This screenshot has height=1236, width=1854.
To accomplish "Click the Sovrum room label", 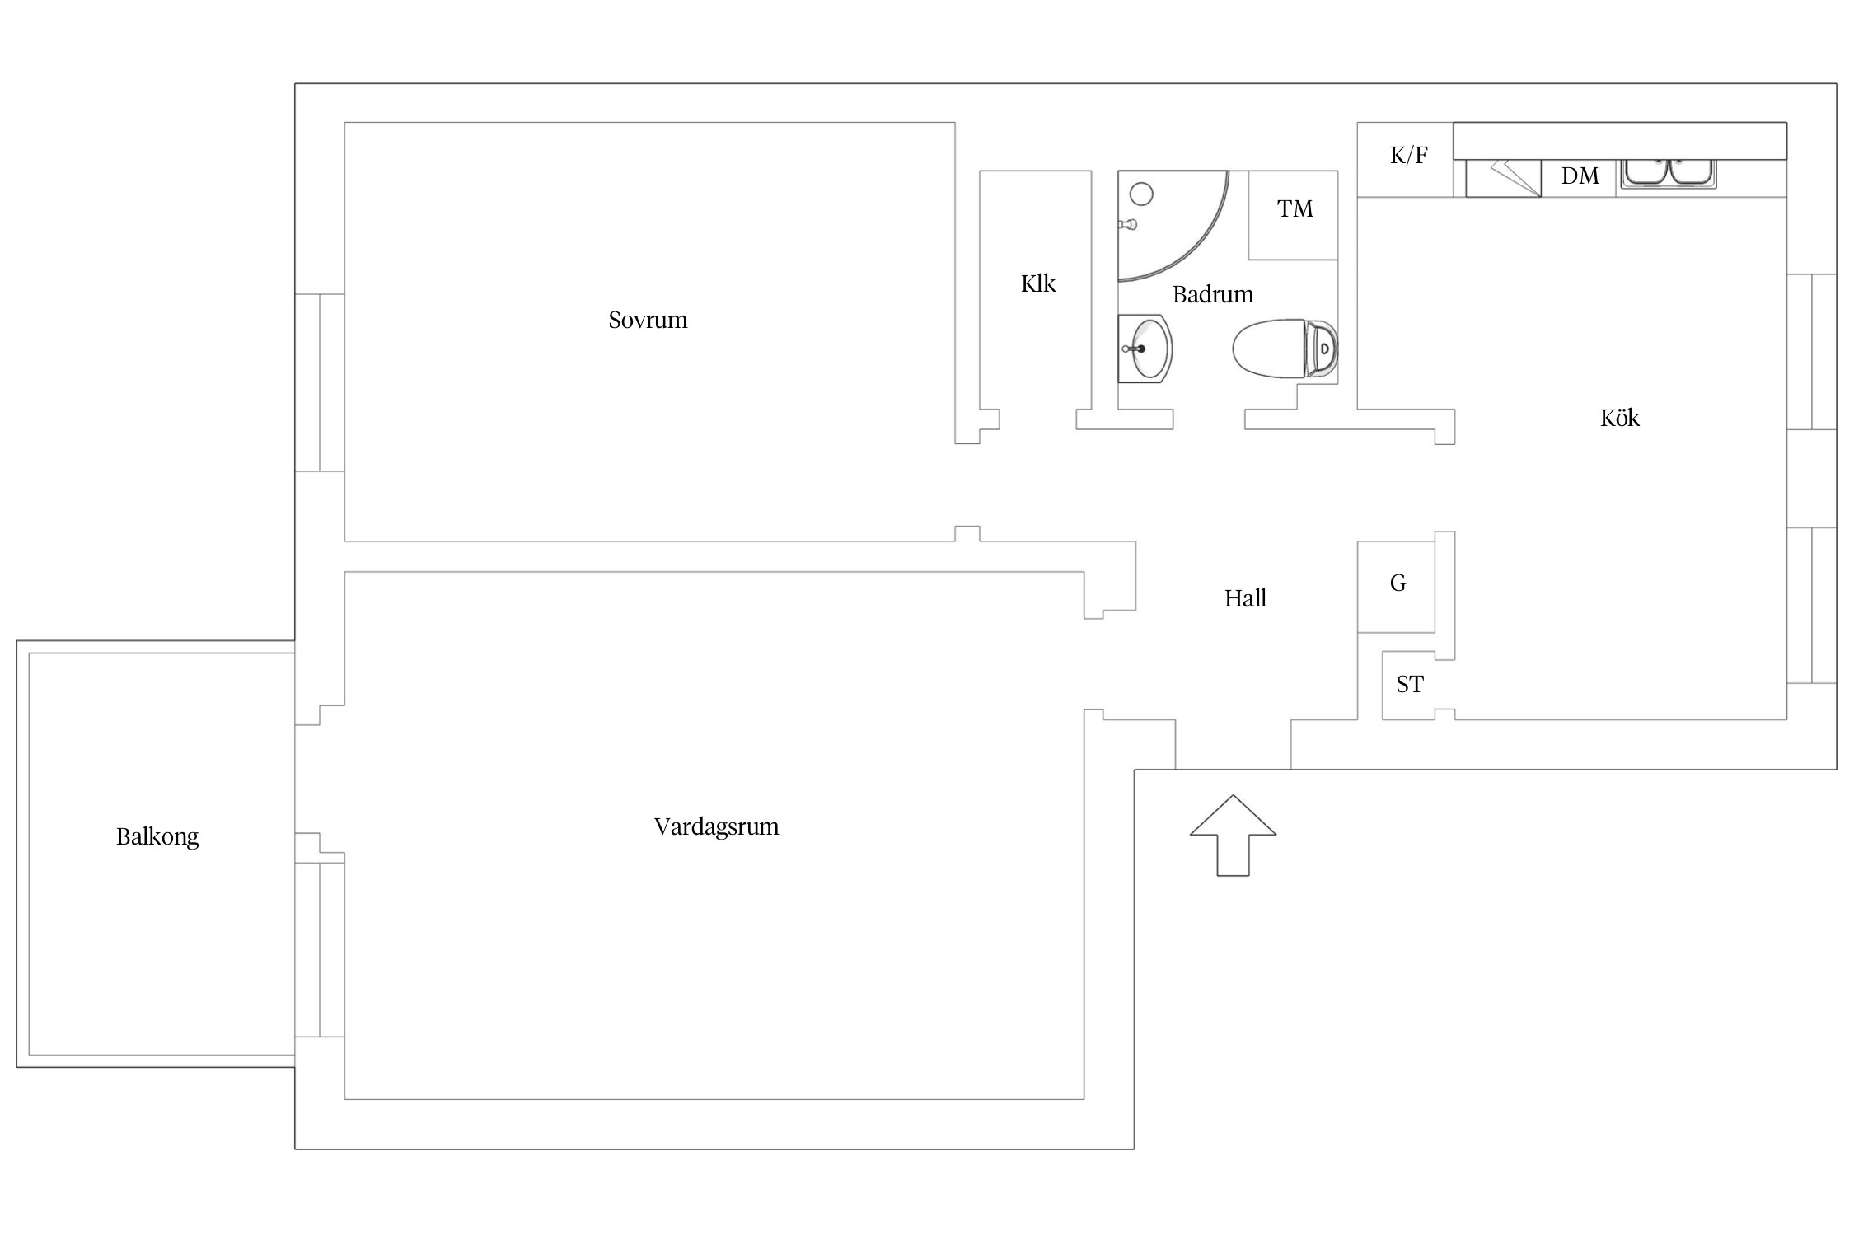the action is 648,320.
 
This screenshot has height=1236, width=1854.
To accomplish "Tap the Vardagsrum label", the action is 716,826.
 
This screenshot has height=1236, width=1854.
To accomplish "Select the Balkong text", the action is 157,837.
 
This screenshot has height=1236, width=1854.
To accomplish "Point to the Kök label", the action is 1619,418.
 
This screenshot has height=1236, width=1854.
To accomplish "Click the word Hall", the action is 1245,598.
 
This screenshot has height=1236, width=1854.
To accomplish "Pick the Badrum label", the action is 1213,294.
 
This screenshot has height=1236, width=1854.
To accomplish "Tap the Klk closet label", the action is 1037,283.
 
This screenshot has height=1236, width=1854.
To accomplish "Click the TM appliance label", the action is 1295,209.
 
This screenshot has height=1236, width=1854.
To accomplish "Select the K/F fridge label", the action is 1408,155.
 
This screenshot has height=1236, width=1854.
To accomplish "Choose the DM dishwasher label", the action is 1580,176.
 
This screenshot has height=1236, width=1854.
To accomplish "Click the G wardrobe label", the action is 1398,583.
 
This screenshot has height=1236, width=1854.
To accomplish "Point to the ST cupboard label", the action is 1409,684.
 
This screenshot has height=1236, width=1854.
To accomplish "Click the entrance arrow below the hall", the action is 1233,836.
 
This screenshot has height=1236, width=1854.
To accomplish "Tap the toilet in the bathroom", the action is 1285,349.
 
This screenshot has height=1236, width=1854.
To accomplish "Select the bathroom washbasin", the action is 1145,349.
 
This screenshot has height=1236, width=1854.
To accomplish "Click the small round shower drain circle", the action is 1141,194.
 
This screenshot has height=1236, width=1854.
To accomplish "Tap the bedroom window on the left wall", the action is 320,382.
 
